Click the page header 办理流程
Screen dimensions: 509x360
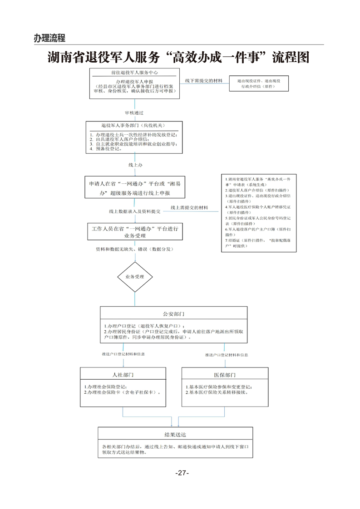coord(49,38)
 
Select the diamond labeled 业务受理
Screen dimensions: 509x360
coord(135,276)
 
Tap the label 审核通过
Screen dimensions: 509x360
coord(134,112)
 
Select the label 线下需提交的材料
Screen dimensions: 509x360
coord(203,80)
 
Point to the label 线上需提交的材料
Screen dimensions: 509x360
coord(189,208)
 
